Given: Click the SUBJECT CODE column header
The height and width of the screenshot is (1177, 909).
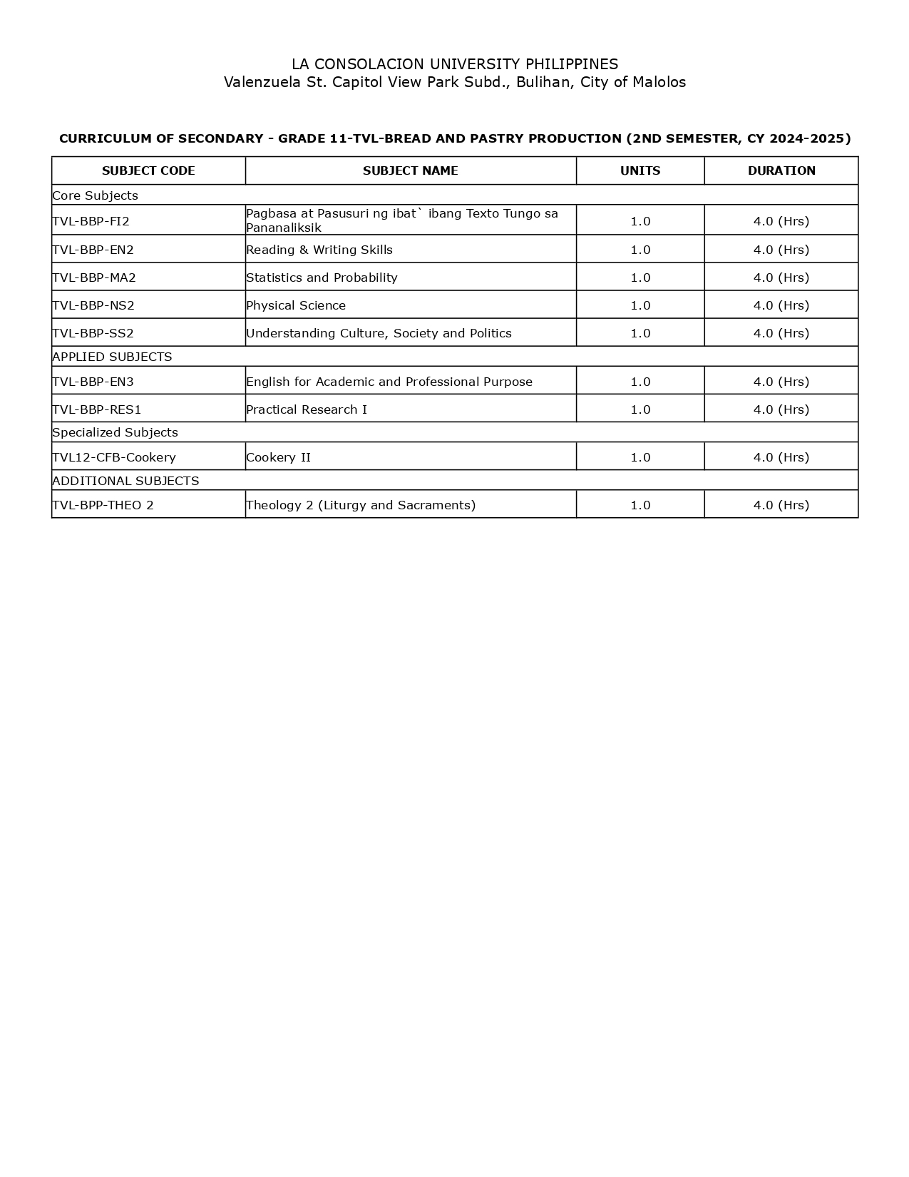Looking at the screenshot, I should tap(148, 170).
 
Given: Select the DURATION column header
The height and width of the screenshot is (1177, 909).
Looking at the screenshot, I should tap(781, 170).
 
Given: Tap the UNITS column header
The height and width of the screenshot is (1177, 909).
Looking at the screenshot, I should tap(640, 170).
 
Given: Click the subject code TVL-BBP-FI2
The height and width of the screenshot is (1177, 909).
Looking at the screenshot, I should tap(91, 221).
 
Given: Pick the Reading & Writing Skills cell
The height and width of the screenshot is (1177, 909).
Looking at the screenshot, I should tap(319, 250).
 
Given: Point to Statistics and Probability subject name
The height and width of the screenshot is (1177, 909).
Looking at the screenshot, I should tap(322, 277).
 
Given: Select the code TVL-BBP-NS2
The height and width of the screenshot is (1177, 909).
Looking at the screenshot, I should tap(93, 305).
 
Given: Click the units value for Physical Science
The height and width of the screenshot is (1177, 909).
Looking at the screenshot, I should tap(640, 305).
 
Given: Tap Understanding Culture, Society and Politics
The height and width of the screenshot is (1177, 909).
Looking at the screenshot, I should tap(379, 333).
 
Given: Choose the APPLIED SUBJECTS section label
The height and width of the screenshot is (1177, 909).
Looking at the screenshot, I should tap(112, 357).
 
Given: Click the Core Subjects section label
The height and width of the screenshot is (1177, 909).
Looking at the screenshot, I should tap(95, 195).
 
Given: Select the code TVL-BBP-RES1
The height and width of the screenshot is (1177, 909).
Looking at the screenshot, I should tap(97, 409).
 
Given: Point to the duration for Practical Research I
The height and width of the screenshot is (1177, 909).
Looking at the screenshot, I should tap(781, 409).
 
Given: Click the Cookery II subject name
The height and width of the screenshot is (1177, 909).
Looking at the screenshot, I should tap(278, 457).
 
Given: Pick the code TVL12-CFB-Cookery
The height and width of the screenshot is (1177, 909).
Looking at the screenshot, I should tap(114, 457).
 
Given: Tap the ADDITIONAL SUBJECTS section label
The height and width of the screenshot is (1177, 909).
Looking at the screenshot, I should tap(125, 481).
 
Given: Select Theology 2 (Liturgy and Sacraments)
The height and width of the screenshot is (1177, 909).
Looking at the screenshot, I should tap(361, 505).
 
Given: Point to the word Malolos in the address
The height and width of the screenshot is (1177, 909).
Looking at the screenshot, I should tap(659, 82).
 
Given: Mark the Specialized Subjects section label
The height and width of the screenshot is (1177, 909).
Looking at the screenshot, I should tap(115, 432).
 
